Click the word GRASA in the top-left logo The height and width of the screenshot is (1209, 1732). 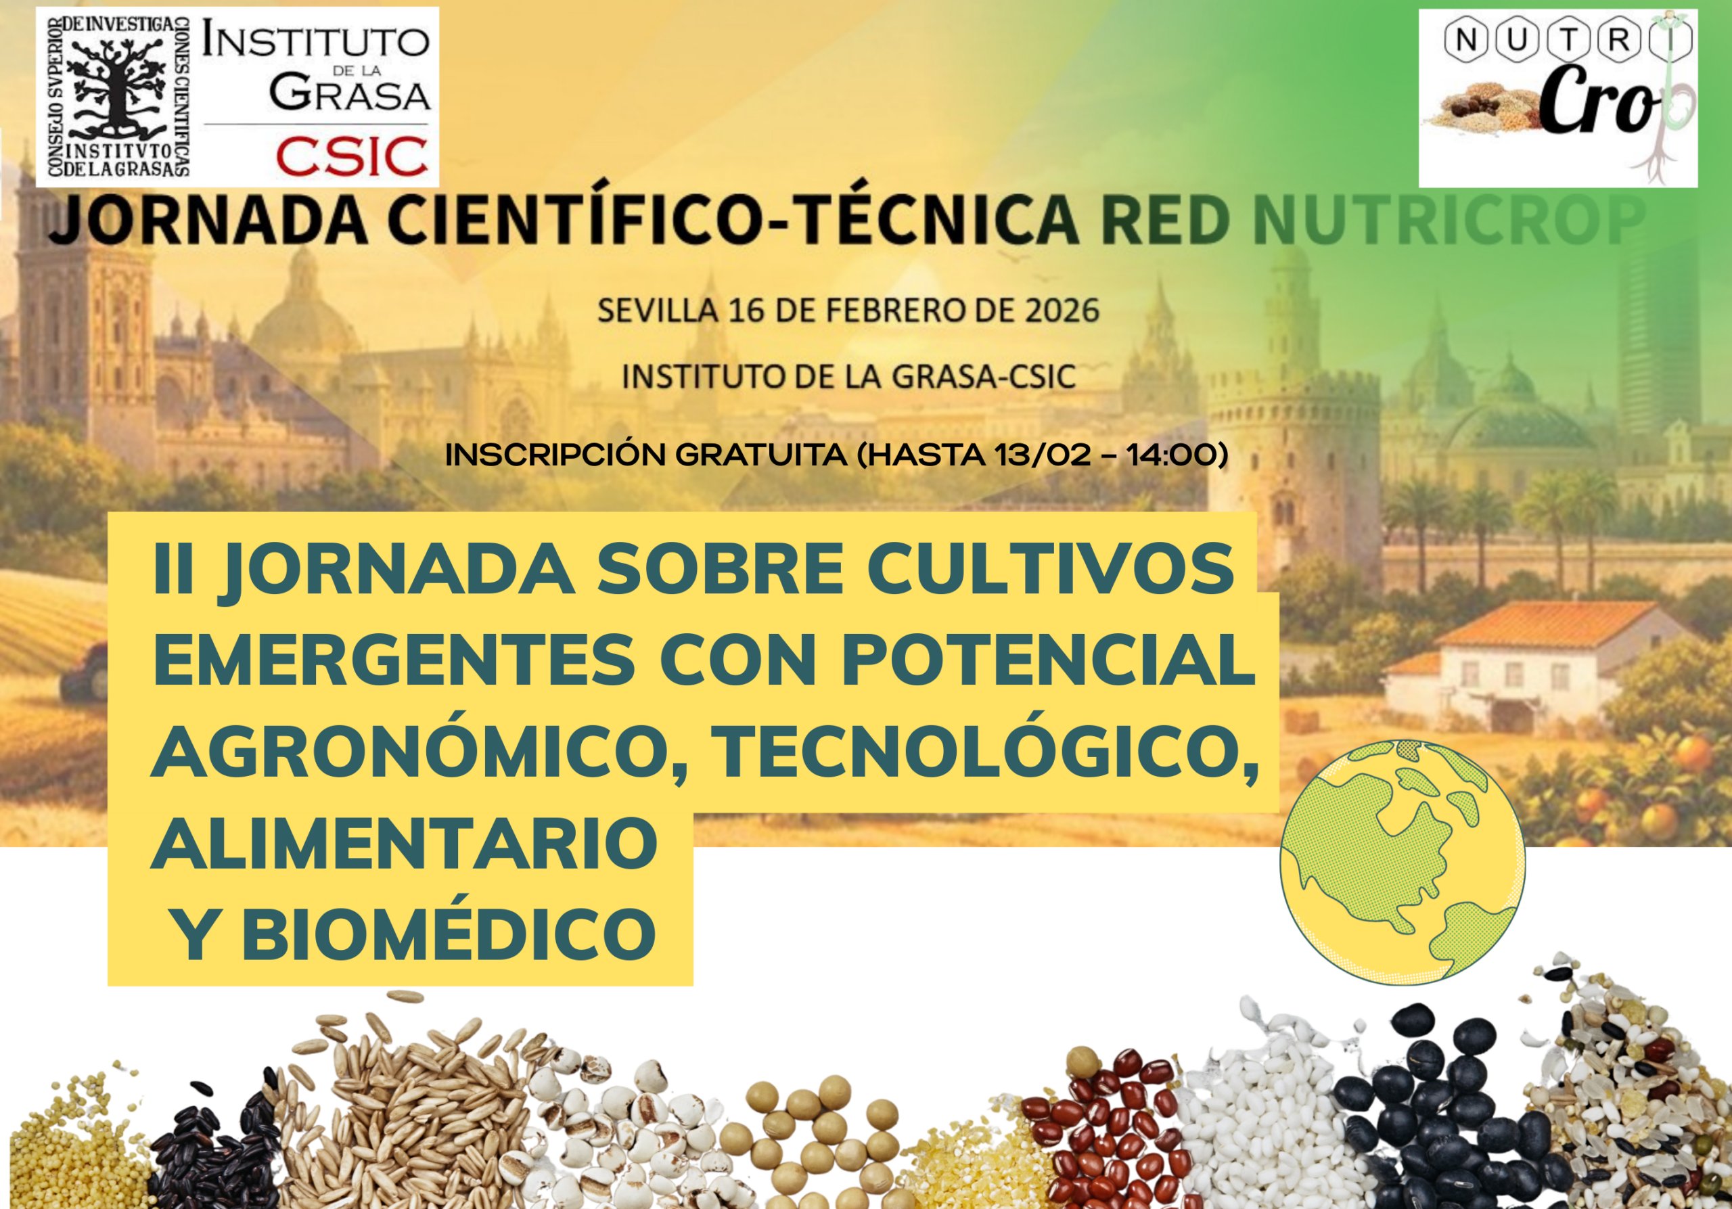(x=349, y=94)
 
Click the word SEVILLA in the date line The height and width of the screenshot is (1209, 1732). (x=657, y=311)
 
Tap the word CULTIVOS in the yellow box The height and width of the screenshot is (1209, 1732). (x=1051, y=569)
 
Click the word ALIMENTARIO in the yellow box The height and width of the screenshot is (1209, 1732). (x=405, y=842)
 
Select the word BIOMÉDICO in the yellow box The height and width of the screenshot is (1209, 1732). (x=448, y=933)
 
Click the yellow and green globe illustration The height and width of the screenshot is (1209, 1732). (x=1403, y=862)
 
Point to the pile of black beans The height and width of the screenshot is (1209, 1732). (x=1444, y=1116)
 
